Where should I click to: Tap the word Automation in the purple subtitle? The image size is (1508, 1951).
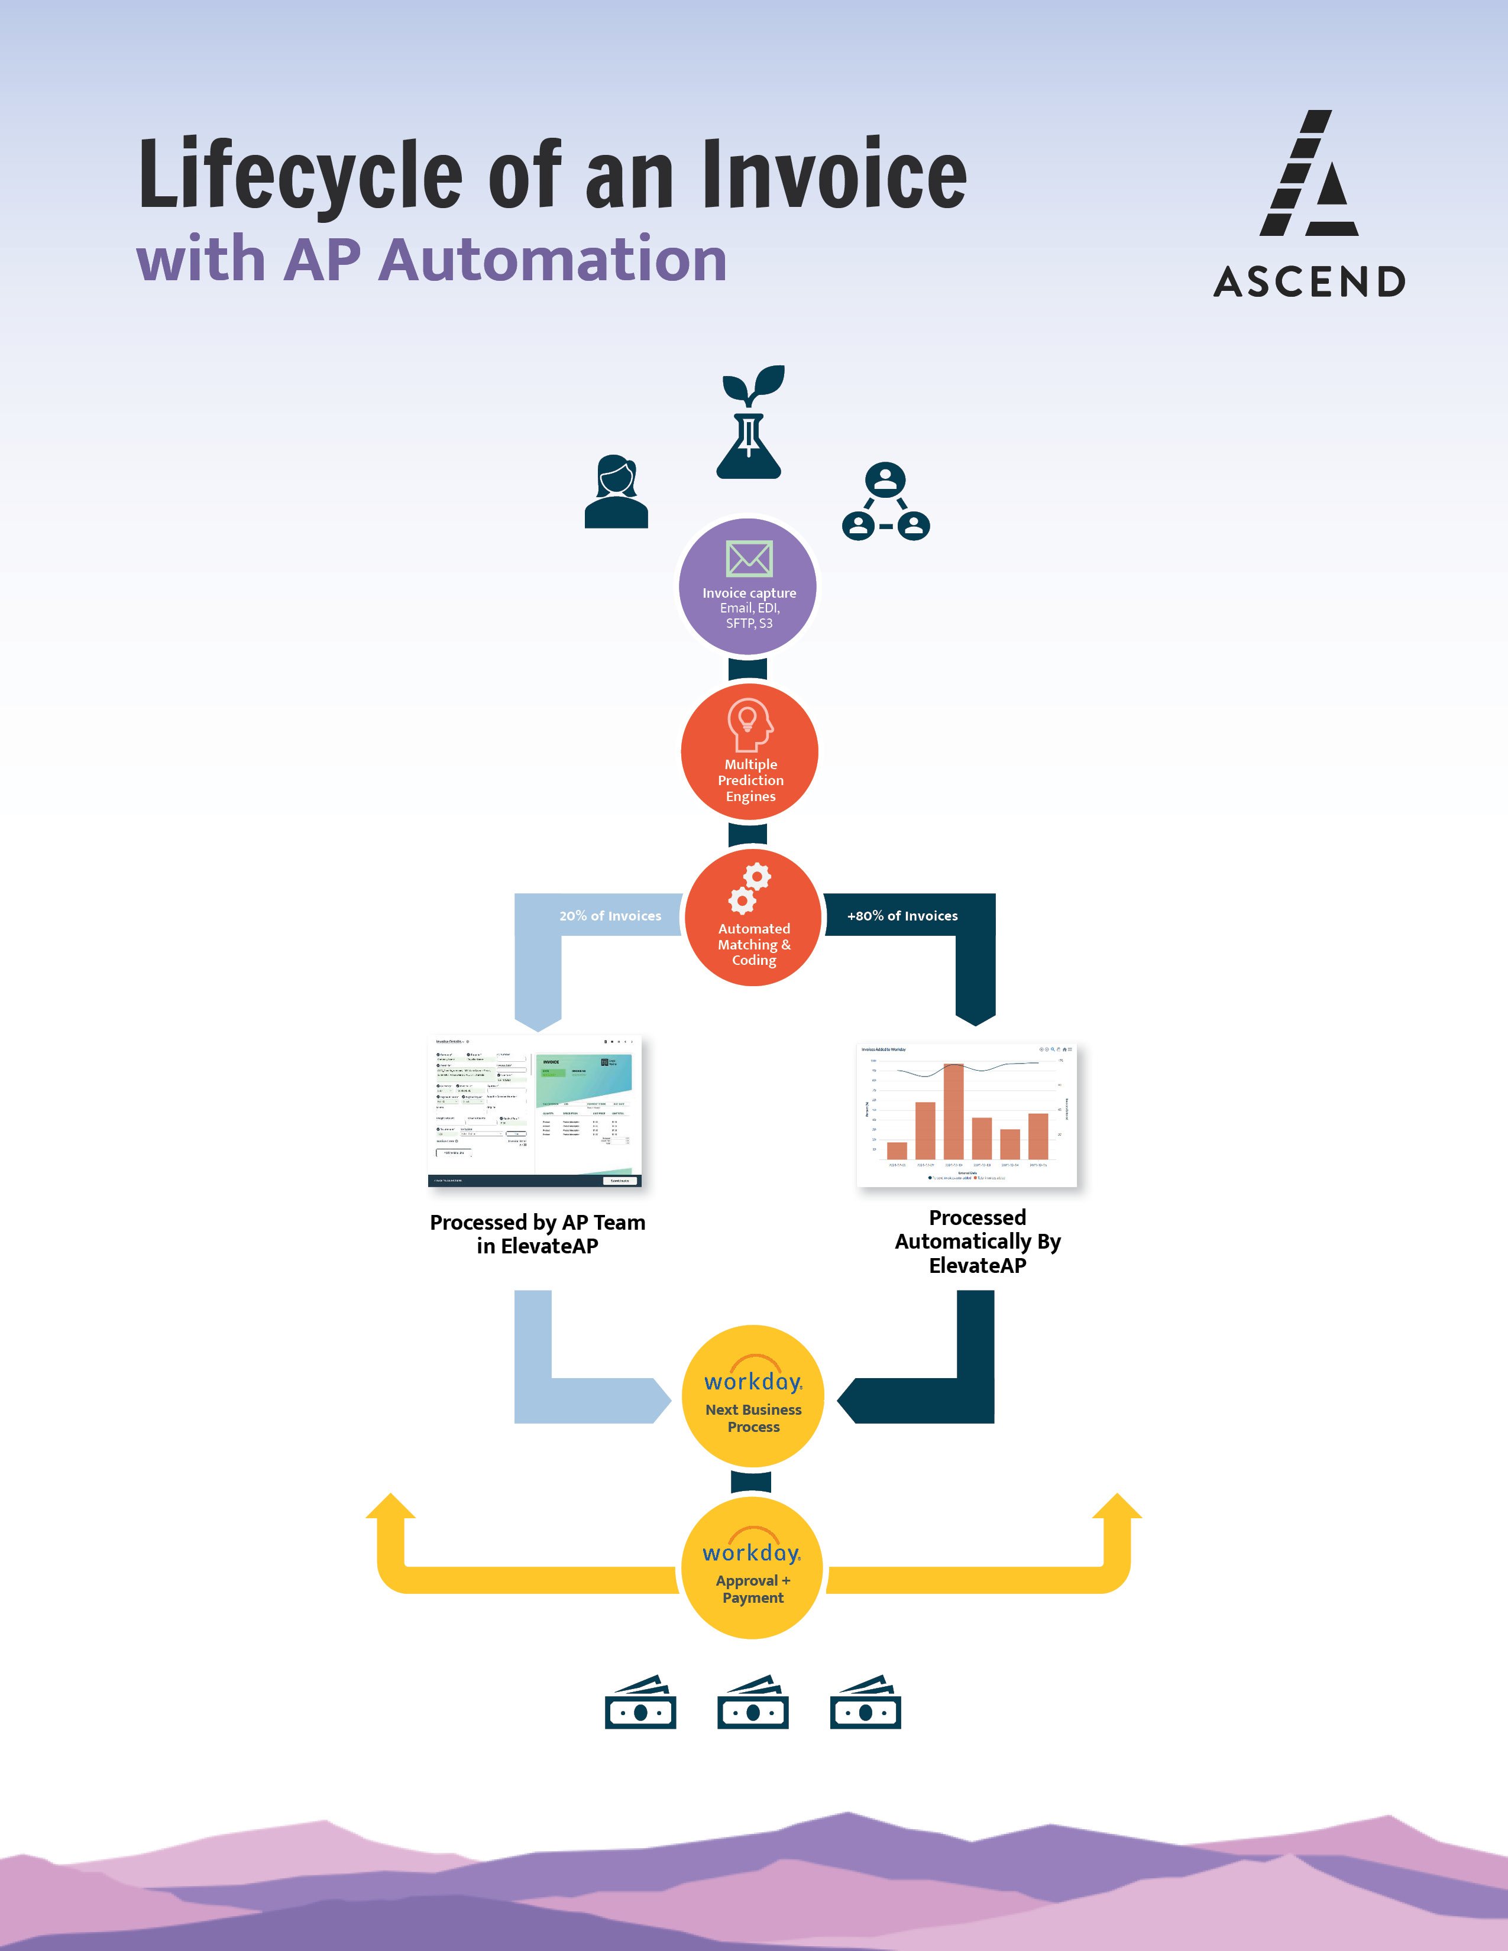552,260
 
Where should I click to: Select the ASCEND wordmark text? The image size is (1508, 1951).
1309,282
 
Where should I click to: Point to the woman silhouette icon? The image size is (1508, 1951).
616,492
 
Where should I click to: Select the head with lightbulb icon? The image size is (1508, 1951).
749,724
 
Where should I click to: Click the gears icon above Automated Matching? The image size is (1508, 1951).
749,889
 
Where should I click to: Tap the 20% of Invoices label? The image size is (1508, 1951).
610,916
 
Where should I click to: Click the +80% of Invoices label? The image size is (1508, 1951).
902,916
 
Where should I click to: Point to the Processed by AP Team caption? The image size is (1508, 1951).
537,1234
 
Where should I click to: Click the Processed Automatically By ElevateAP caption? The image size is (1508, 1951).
978,1241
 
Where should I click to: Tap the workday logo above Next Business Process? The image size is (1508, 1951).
752,1378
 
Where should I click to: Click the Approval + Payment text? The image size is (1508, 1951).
752,1589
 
